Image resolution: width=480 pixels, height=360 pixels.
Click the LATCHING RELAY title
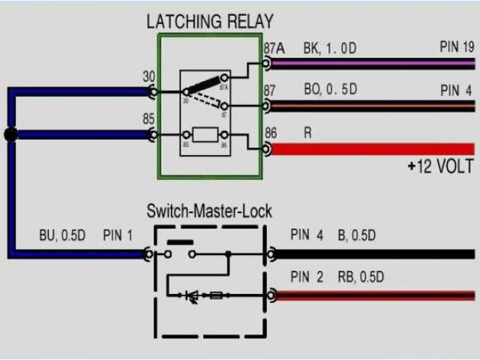209,21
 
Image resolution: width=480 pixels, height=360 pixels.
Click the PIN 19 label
457,47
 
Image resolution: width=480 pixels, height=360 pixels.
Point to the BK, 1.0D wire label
329,49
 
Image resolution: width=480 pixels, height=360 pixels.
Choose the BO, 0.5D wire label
330,90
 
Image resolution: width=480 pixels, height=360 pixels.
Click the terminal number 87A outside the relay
274,49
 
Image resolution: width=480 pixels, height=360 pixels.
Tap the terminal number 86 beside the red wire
271,132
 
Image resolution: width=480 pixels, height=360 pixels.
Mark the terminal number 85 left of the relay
149,119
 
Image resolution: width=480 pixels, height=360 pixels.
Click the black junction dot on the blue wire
10,135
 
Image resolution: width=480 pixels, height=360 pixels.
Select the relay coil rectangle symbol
205,135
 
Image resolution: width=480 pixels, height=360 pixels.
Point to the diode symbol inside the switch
192,296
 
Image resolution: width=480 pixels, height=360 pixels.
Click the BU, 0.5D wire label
62,235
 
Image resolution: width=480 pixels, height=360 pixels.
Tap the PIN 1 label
117,235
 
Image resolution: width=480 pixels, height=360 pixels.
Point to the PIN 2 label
307,277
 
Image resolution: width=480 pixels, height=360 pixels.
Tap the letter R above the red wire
307,132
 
